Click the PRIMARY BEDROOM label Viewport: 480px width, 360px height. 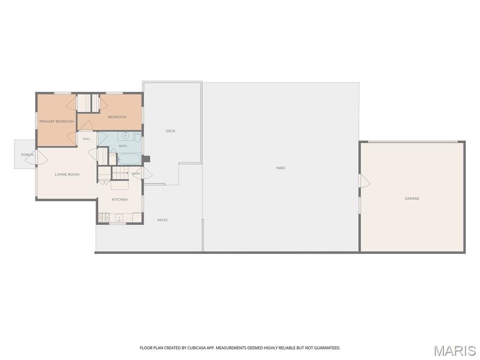tap(57, 121)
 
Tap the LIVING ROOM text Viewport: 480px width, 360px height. tap(67, 174)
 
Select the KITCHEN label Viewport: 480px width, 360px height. tap(120, 200)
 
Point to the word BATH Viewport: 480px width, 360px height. tap(123, 146)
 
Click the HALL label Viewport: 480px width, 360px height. tap(87, 139)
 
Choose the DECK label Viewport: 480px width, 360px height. tap(171, 131)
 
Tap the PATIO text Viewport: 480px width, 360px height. tap(162, 220)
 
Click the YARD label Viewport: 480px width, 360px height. tap(280, 168)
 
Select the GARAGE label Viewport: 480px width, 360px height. tap(412, 199)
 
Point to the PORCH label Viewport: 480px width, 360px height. tap(27, 155)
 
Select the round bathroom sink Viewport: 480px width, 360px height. tap(125, 135)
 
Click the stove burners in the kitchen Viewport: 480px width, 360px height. tap(104, 217)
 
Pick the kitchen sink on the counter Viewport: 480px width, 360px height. tap(120, 218)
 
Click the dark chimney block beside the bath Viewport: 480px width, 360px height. tap(147, 159)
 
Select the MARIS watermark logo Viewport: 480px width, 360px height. tap(454, 351)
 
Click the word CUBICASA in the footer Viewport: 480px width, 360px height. tap(196, 348)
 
